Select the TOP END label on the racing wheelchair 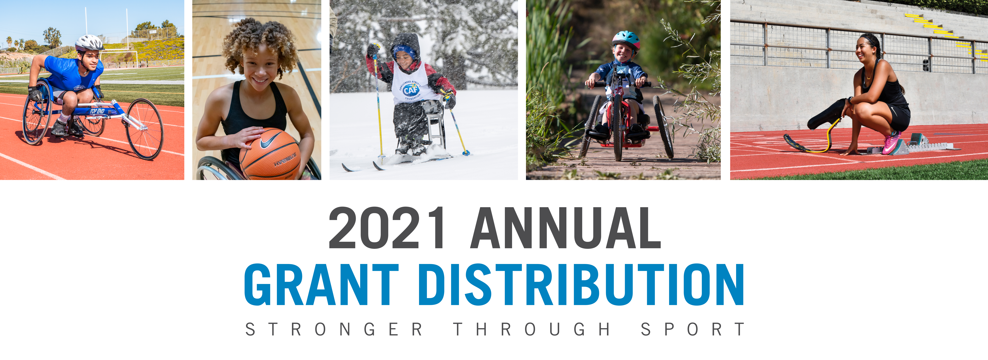pyautogui.click(x=97, y=111)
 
